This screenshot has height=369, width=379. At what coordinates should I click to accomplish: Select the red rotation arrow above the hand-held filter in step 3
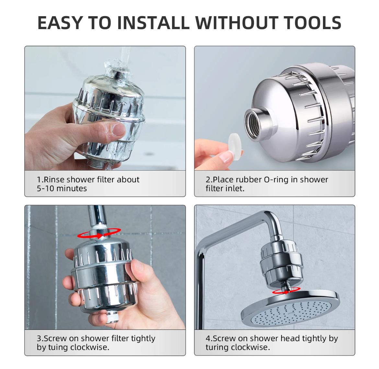pos(99,233)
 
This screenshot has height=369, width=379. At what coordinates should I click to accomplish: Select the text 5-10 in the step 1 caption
pos(45,188)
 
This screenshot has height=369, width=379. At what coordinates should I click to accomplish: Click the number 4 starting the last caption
pos(208,339)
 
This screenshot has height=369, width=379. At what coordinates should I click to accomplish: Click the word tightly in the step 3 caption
pos(143,339)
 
